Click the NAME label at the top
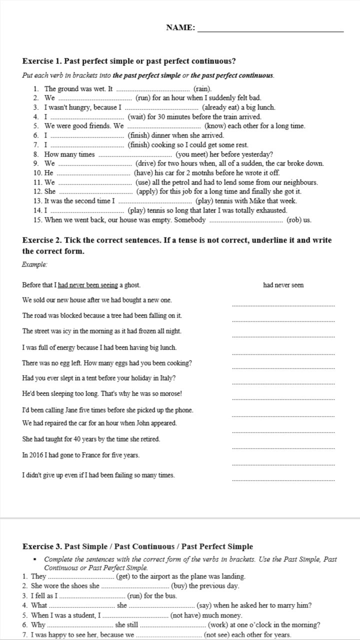click(180, 28)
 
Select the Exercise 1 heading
click(129, 61)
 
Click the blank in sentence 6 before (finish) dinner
click(88, 135)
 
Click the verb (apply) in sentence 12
click(149, 191)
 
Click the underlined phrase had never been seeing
click(88, 285)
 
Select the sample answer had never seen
click(283, 285)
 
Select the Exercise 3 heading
click(138, 547)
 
